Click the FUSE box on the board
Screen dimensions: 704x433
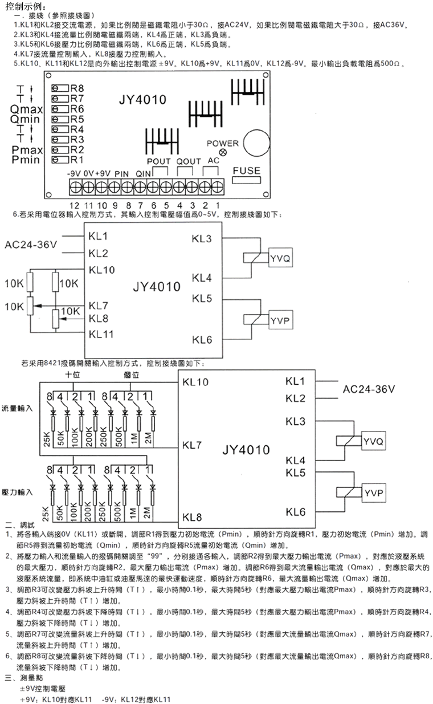coord(246,170)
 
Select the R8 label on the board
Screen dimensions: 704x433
coord(77,88)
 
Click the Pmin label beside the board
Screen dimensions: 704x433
coord(26,160)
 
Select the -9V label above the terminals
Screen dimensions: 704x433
coord(73,173)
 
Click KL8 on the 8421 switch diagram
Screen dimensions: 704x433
coord(192,518)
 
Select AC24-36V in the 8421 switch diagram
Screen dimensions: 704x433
coord(369,389)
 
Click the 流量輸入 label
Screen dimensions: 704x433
coord(18,409)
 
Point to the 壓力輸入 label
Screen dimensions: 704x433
coord(18,491)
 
